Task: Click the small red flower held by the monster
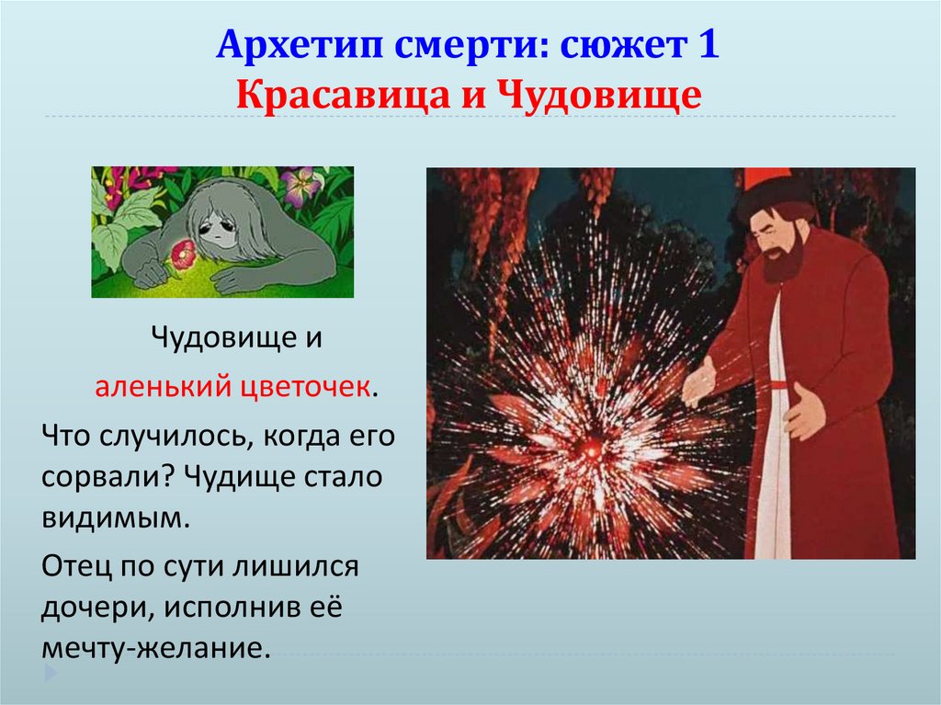tap(184, 251)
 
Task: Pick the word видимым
tap(115, 519)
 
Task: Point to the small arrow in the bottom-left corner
tap(51, 674)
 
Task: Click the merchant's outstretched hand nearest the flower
tap(697, 381)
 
